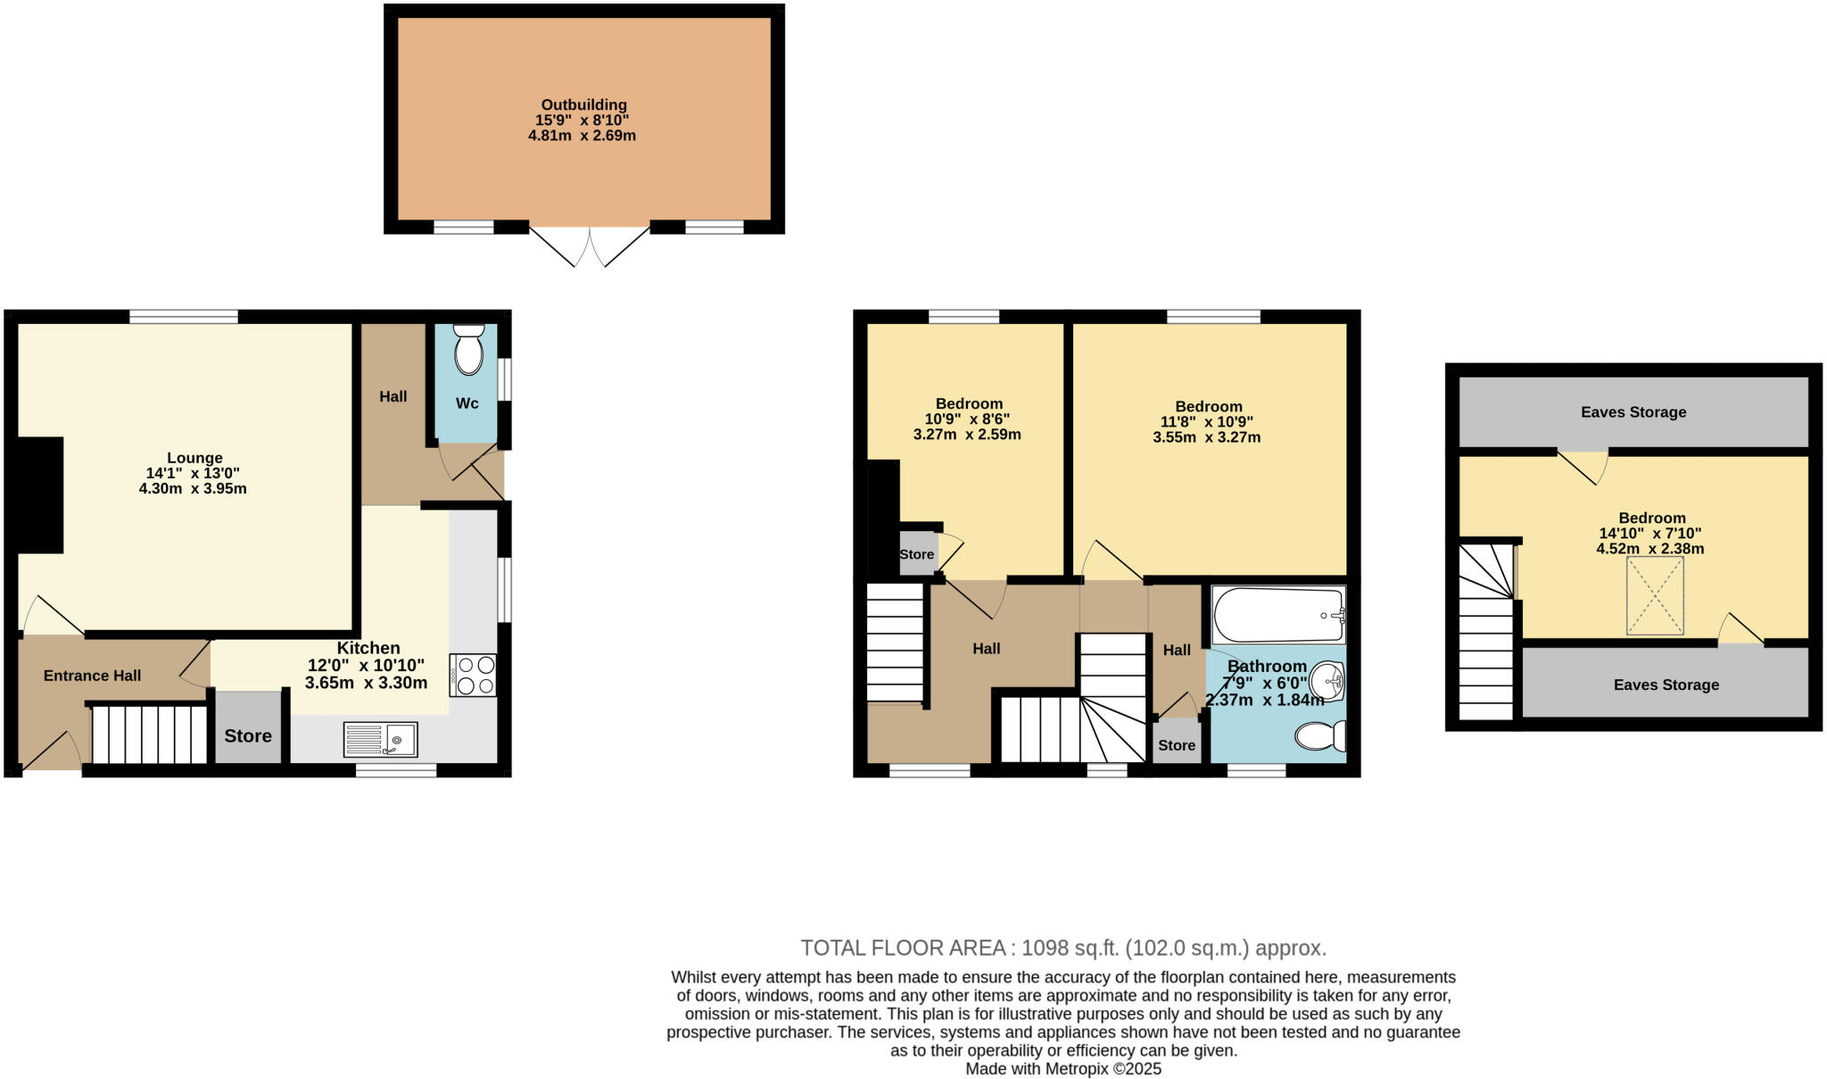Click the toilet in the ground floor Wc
468,351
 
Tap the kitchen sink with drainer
381,740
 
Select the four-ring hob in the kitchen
474,675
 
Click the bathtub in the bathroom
1277,614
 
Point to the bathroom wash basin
1328,684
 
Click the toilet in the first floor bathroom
1321,736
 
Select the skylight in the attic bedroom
1655,596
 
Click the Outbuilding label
583,104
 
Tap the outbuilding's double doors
590,245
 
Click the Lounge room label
194,458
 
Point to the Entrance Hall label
92,676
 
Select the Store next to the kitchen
248,735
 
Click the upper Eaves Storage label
1633,412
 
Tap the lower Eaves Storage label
1666,685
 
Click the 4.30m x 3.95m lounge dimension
193,489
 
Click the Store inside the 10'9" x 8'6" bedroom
916,554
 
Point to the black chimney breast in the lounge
40,494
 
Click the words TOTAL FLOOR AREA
902,948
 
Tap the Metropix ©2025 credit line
1063,1069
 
